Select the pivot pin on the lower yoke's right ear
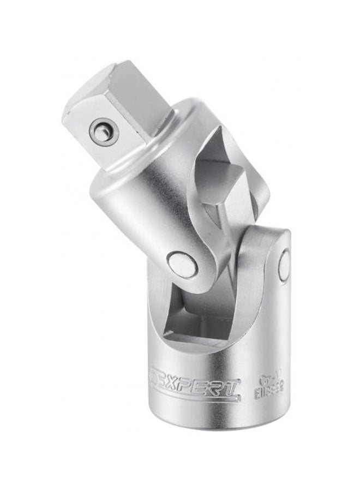(284, 266)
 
